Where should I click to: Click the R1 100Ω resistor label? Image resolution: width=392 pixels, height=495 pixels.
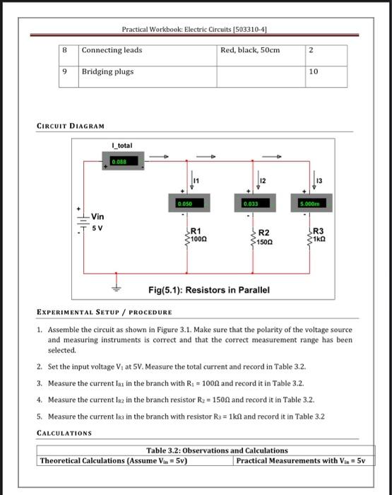197,235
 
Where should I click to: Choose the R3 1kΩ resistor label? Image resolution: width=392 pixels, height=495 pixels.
319,235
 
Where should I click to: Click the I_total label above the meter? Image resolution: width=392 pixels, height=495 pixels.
122,146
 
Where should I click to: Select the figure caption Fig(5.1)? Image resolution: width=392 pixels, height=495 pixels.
208,290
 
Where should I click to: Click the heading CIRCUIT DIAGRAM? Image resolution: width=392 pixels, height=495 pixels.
71,126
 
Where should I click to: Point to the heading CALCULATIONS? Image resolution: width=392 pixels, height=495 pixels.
64,433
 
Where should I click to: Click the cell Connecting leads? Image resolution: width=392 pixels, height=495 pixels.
112,50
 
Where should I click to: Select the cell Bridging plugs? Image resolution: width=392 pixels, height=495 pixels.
107,72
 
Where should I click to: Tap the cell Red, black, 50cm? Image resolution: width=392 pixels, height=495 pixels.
250,50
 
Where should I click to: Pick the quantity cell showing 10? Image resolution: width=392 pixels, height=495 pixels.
314,72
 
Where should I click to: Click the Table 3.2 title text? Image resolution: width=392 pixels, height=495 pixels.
217,450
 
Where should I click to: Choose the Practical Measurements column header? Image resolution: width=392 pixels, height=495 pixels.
300,461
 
